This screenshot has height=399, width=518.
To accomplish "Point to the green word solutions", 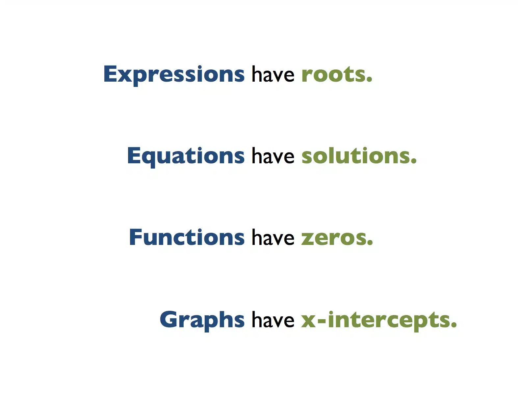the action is tap(356, 155).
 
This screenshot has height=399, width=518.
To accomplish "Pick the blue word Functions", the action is tap(187, 237).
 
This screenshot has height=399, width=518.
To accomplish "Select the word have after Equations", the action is tap(273, 155).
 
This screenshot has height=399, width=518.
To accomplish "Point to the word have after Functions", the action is tap(273, 237).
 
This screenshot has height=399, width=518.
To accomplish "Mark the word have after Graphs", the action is tap(273, 319).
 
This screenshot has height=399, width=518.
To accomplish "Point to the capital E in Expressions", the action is tap(110, 74).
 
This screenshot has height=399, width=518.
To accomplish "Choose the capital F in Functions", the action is tap(135, 237).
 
